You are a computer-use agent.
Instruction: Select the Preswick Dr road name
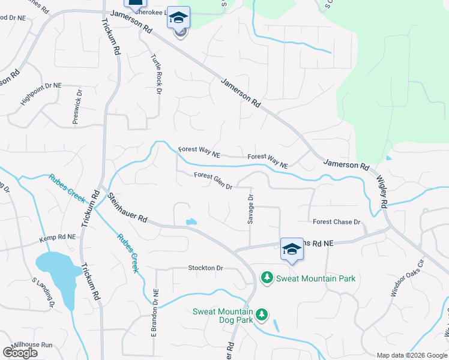pyautogui.click(x=77, y=107)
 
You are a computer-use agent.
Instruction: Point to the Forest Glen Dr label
pyautogui.click(x=212, y=181)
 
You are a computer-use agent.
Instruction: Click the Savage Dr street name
pyautogui.click(x=251, y=209)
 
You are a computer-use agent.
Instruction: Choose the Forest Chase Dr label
pyautogui.click(x=336, y=222)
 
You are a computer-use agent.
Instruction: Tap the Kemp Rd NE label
pyautogui.click(x=58, y=238)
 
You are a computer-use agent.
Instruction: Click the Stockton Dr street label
pyautogui.click(x=205, y=268)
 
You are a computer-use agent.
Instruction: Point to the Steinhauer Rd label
pyautogui.click(x=127, y=208)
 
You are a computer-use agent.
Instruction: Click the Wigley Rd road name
pyautogui.click(x=382, y=192)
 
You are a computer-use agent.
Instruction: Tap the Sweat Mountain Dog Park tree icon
pyautogui.click(x=261, y=314)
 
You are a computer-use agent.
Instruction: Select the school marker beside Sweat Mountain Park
pyautogui.click(x=292, y=249)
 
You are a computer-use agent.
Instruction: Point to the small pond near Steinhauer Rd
pyautogui.click(x=191, y=222)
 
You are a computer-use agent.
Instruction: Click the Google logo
pyautogui.click(x=20, y=353)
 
